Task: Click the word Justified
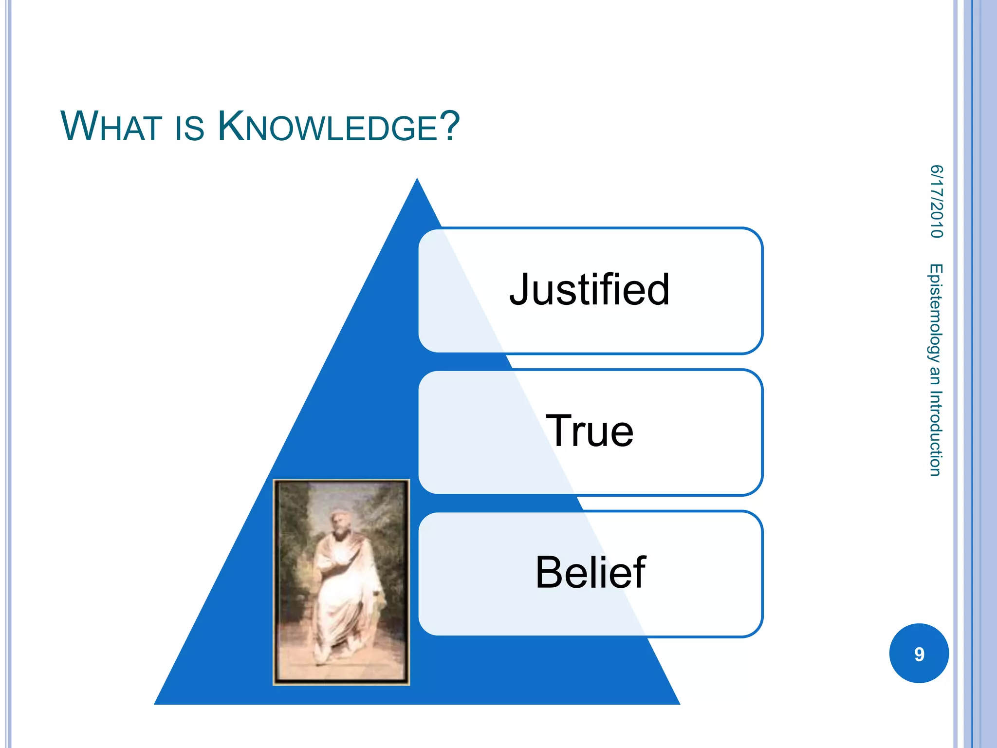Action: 590,290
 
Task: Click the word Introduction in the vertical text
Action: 935,433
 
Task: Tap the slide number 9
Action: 919,654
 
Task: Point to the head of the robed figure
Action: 337,521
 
